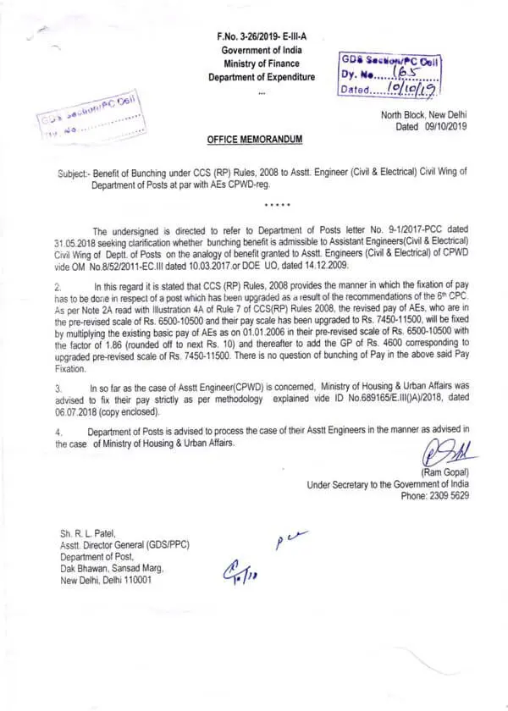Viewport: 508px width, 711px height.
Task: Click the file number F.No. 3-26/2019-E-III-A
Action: (262, 36)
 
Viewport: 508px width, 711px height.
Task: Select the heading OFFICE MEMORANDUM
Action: (254, 138)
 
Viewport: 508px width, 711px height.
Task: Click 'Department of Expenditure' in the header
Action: (262, 77)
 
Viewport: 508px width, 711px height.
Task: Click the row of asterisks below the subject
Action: (278, 205)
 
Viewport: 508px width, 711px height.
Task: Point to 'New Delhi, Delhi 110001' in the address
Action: (106, 580)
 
